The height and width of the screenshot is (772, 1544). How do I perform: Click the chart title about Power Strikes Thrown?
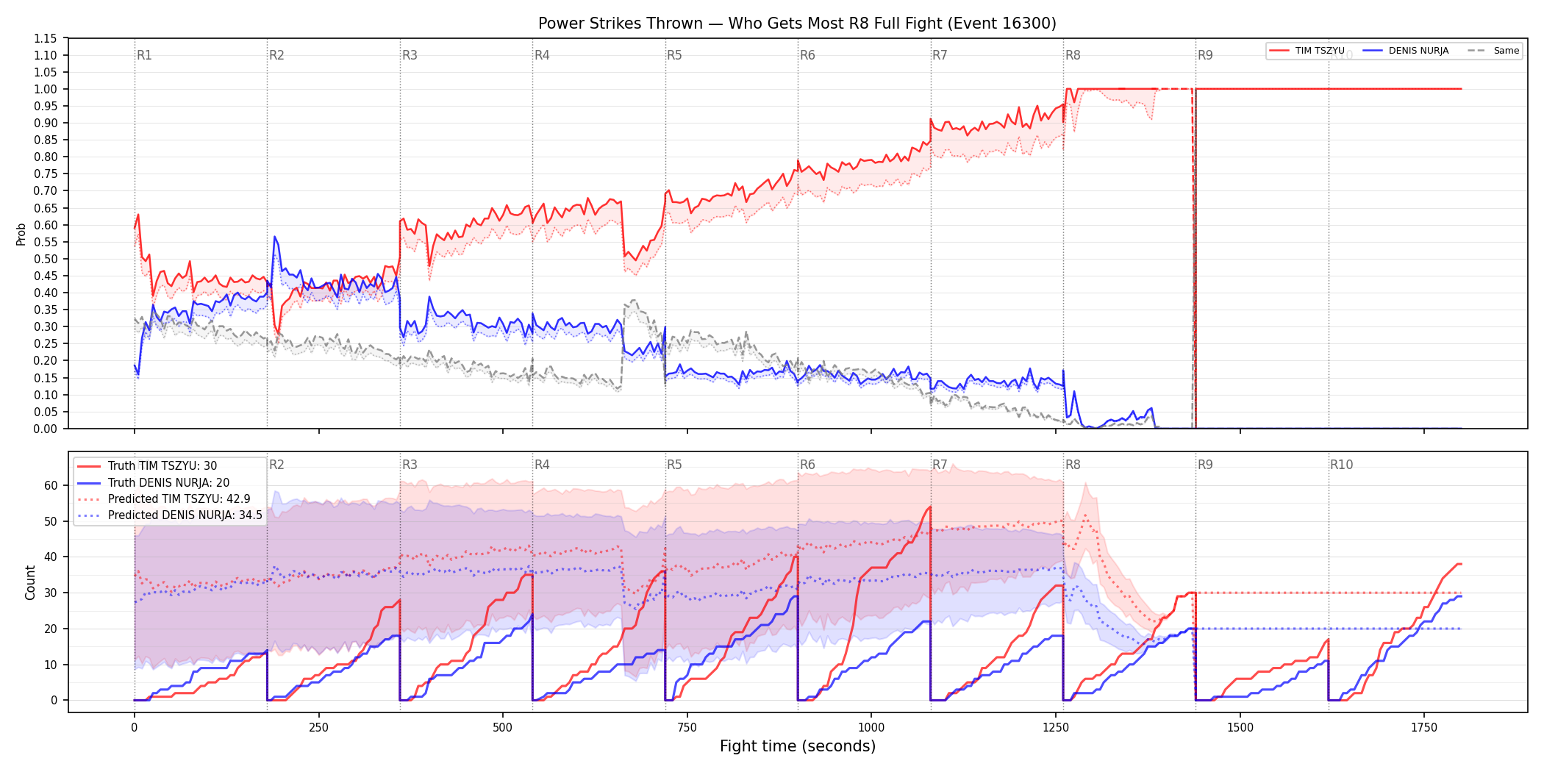(x=797, y=24)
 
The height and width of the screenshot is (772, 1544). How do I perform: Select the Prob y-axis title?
(x=21, y=234)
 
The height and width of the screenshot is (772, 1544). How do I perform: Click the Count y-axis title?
(x=30, y=582)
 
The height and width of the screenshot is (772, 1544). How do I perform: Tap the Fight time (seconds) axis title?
(x=798, y=746)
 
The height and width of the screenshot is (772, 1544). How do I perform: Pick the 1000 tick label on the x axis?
(x=871, y=728)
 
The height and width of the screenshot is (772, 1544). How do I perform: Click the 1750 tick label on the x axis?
(x=1424, y=728)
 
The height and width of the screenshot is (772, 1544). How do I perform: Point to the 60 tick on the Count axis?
(x=51, y=485)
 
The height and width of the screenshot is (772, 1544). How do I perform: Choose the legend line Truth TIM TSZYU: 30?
(x=162, y=466)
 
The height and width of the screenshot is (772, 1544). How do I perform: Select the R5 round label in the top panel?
(x=674, y=55)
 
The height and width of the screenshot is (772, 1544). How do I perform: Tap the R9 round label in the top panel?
(x=1205, y=55)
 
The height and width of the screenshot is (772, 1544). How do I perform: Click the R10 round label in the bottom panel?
(x=1341, y=465)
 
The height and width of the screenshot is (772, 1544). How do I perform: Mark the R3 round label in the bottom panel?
(x=410, y=465)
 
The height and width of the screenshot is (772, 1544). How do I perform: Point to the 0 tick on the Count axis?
(x=54, y=701)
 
